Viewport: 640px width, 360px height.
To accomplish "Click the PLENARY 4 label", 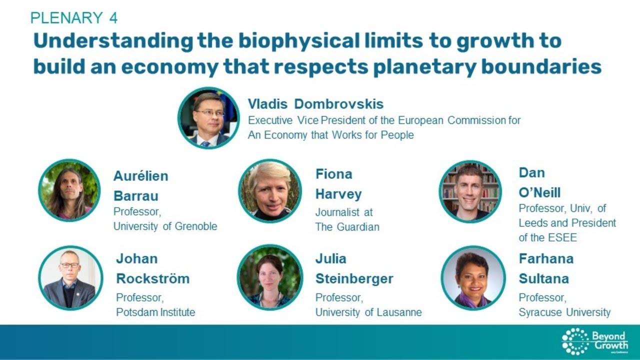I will pos(74,18).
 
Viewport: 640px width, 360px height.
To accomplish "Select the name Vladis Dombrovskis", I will pos(315,104).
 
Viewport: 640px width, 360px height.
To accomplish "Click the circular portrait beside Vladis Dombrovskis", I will pos(208,118).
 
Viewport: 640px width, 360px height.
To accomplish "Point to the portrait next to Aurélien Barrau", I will pos(69,190).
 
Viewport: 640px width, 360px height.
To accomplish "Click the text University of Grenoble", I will pos(165,226).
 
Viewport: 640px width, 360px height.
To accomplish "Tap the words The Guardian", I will pos(347,226).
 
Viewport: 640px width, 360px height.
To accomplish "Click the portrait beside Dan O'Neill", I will pos(470,191).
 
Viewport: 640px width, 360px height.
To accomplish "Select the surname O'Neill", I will pos(539,193).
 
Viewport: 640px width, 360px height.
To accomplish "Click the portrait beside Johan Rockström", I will pos(70,277).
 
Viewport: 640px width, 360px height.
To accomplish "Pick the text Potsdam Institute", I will pos(155,312).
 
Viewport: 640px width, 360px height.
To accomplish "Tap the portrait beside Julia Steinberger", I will pos(270,277).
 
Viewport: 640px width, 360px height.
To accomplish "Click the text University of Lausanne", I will pos(368,312).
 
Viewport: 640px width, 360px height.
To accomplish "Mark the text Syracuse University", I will pos(564,312).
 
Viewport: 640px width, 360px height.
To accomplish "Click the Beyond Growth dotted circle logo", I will pos(575,341).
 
